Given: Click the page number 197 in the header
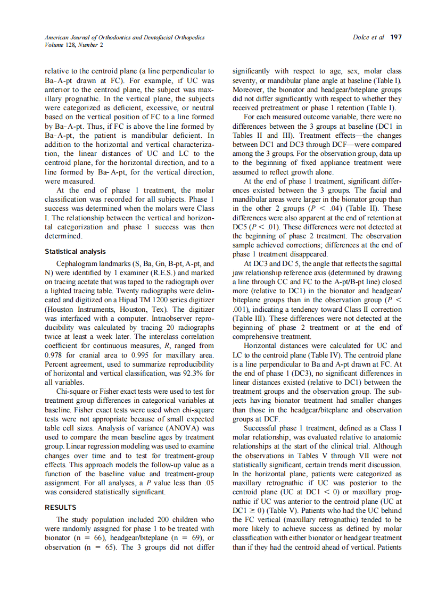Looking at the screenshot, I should point(395,38).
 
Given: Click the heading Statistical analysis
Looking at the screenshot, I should point(75,252).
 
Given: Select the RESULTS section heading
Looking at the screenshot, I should point(60,507).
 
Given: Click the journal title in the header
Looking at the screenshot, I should point(124,38).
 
